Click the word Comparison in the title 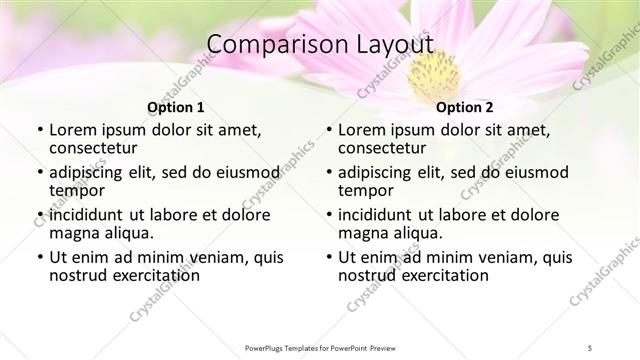click(264, 46)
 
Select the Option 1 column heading click(176, 107)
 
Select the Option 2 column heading click(465, 107)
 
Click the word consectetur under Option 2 click(384, 149)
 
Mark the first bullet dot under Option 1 click(39, 131)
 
